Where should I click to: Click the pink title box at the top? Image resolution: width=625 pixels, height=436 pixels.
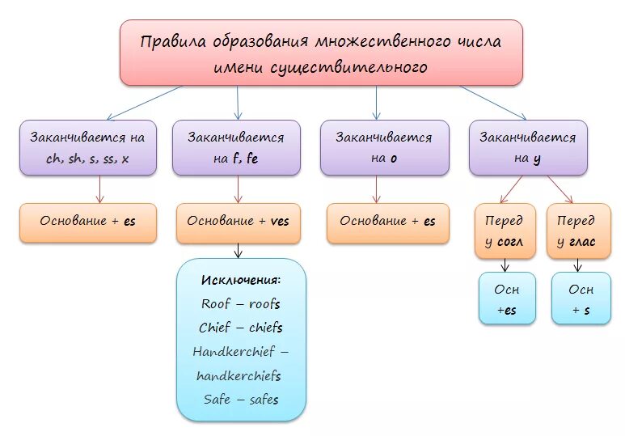coord(321,53)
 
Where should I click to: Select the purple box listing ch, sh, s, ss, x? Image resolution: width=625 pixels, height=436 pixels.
coord(87,147)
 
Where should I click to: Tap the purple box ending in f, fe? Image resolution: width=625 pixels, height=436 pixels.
coord(236,147)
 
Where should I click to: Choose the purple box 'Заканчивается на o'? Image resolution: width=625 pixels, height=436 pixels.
coord(383,147)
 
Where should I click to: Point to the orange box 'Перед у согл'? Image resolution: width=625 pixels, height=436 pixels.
coord(505,231)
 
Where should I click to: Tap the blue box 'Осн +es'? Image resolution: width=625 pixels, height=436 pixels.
coord(507,298)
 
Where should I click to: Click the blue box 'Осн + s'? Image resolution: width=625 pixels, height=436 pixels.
coord(581,298)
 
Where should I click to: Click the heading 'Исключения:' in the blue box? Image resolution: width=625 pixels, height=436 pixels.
coord(241,280)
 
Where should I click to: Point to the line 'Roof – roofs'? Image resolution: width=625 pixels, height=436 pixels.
coord(241,303)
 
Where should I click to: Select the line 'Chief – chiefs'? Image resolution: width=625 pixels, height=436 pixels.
coord(241,328)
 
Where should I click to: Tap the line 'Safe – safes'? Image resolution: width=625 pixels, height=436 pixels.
coord(241,400)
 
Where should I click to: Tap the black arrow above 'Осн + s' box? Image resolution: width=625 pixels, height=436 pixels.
coord(579,265)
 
